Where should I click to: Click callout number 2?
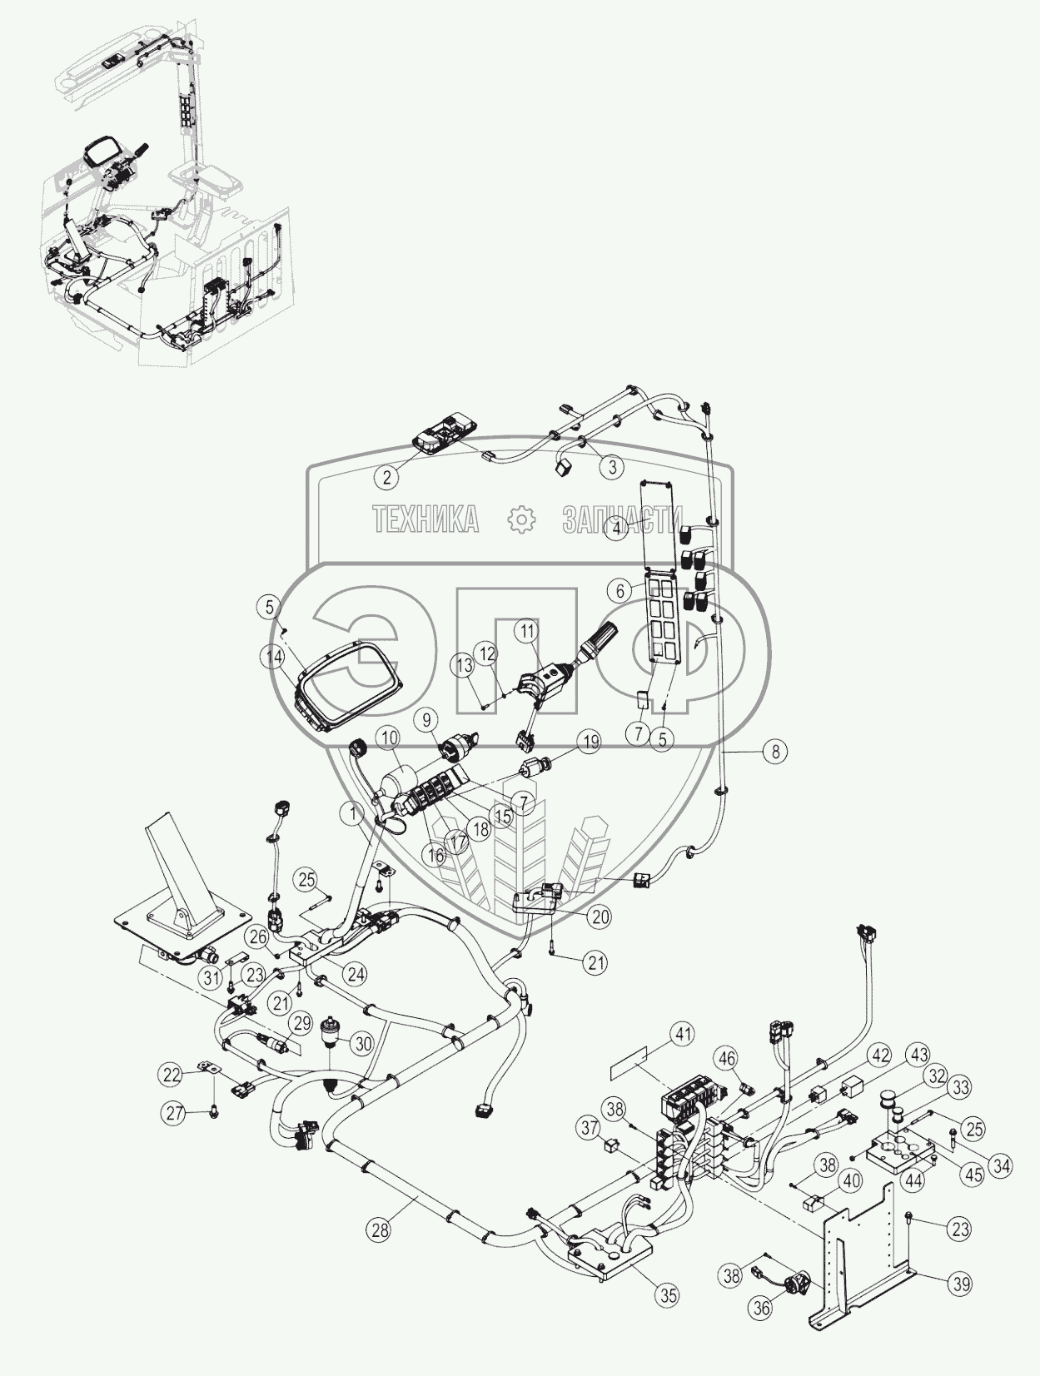(x=386, y=477)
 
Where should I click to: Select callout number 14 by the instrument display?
(x=271, y=656)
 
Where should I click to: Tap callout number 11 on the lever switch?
(x=526, y=631)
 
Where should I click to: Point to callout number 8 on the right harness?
(x=774, y=751)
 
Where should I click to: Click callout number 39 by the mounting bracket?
(x=962, y=1284)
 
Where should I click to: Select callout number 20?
(x=600, y=917)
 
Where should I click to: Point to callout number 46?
(x=727, y=1060)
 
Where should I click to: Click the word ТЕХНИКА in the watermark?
(x=426, y=520)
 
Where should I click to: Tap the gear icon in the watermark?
(x=521, y=520)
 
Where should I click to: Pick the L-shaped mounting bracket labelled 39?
(x=866, y=1249)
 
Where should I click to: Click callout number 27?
(x=174, y=1114)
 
